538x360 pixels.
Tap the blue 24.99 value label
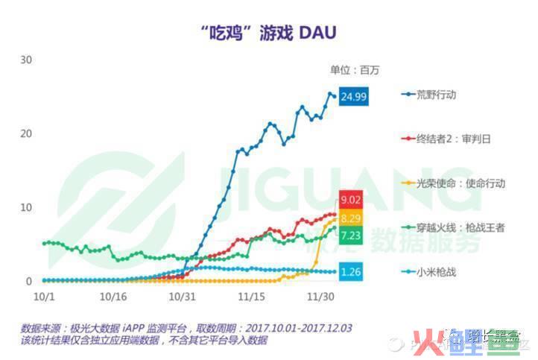tap(353, 97)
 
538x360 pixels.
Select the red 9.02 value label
tap(351, 200)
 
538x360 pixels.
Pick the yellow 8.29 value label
tap(351, 218)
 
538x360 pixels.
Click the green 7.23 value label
tap(351, 235)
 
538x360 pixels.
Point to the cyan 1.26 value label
tap(350, 272)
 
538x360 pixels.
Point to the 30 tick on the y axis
tap(26, 60)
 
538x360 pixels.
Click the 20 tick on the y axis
tap(26, 133)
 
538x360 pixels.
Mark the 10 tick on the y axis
tap(26, 207)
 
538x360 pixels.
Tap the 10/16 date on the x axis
tap(113, 297)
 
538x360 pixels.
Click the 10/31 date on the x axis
tap(183, 297)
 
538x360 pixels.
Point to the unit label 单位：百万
tap(355, 71)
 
